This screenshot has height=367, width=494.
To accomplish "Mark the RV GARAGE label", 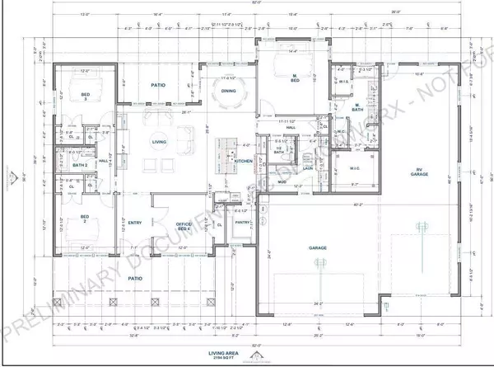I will [422, 173].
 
